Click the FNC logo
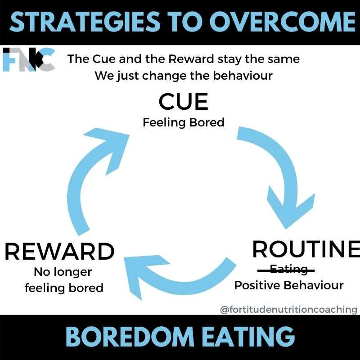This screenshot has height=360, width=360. (x=28, y=60)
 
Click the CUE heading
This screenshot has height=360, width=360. (x=183, y=102)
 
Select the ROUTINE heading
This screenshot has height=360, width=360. (x=306, y=249)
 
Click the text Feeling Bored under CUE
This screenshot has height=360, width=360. (x=183, y=122)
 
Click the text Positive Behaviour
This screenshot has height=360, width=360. (x=289, y=285)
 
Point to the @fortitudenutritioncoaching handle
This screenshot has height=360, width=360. (x=288, y=310)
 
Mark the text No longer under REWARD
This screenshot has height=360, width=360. (x=63, y=272)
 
